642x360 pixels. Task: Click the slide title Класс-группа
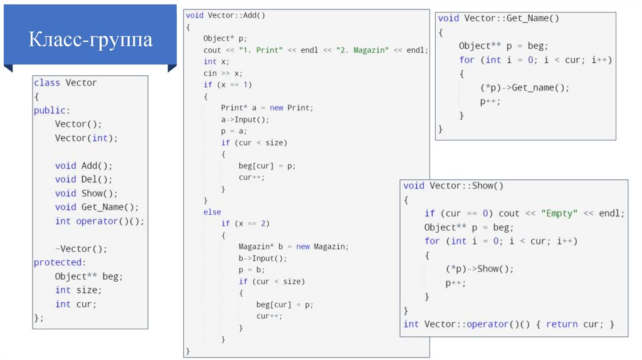(x=90, y=40)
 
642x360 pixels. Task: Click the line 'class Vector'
(x=65, y=83)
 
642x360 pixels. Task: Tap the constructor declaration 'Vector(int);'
(x=86, y=138)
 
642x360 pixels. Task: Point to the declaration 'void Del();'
(x=83, y=179)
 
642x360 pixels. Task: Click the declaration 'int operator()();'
(x=100, y=221)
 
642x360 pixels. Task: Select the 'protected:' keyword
(x=60, y=262)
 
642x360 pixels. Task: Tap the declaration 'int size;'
(x=78, y=290)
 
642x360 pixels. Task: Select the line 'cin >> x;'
(x=223, y=73)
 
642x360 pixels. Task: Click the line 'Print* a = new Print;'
(x=266, y=107)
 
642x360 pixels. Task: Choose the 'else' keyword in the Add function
(x=212, y=212)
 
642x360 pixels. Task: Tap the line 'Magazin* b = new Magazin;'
(x=293, y=246)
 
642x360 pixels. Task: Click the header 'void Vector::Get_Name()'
(x=498, y=18)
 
